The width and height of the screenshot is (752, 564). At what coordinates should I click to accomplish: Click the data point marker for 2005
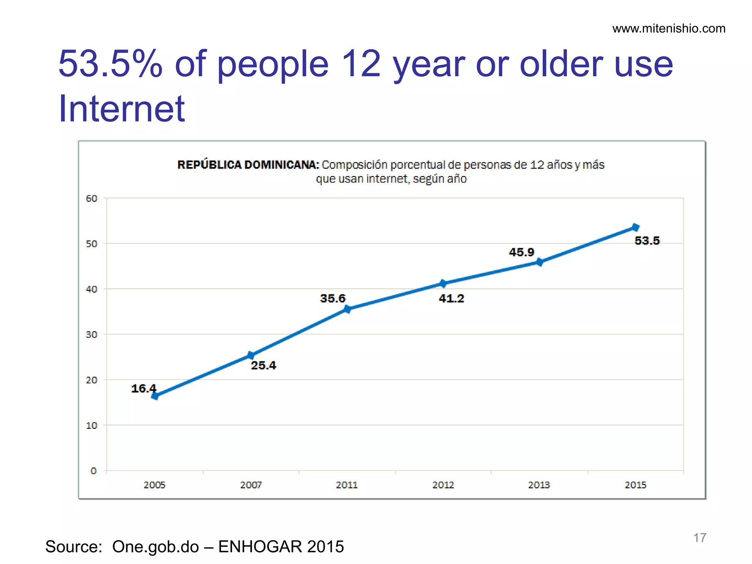pos(155,396)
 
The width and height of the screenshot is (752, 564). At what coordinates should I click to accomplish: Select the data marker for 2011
pos(347,309)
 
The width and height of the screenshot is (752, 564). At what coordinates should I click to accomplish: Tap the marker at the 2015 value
pos(635,228)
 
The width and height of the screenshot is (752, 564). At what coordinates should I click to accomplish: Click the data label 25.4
pos(263,365)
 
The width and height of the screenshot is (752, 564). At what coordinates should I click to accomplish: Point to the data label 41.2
pos(451,298)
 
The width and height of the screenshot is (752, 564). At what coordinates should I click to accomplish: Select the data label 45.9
pos(521,252)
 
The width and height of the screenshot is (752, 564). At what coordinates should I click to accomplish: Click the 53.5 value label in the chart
pos(647,241)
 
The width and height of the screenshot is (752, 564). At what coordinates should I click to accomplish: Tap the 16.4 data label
pos(144,388)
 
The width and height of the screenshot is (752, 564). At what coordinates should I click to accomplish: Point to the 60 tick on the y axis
pos(91,199)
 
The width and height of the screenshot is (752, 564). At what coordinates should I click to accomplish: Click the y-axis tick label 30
pos(91,335)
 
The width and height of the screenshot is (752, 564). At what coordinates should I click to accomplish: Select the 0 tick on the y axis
pos(94,471)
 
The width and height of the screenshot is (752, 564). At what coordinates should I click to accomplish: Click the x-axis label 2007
pos(251,485)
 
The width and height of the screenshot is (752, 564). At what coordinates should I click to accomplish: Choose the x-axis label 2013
pos(539,485)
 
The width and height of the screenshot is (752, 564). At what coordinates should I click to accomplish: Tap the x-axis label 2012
pos(443,485)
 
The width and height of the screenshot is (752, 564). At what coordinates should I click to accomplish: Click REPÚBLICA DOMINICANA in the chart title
pos(248,165)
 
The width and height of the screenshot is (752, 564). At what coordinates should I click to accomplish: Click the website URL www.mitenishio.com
pos(669,29)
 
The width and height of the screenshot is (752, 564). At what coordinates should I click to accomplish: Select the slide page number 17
pos(699,538)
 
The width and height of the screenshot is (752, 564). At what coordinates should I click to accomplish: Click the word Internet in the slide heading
pos(122,109)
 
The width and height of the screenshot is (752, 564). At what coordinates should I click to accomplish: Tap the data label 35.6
pos(333,298)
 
